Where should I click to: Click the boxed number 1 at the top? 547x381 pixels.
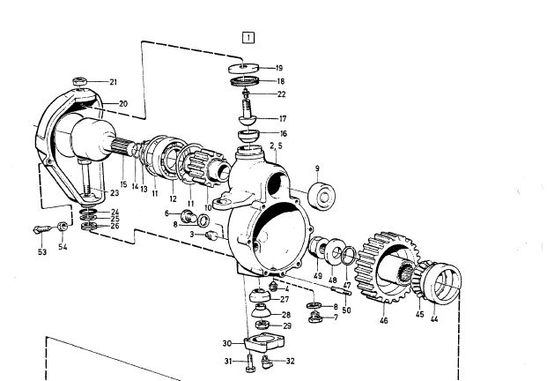click(x=250, y=37)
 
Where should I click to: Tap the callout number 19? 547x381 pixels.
click(x=278, y=68)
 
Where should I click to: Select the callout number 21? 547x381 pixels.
click(x=113, y=83)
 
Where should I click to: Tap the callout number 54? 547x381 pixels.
click(x=63, y=247)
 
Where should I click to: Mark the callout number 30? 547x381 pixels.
click(x=226, y=343)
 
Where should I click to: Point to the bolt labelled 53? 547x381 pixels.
click(x=41, y=229)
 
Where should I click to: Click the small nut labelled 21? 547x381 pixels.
click(x=80, y=82)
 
